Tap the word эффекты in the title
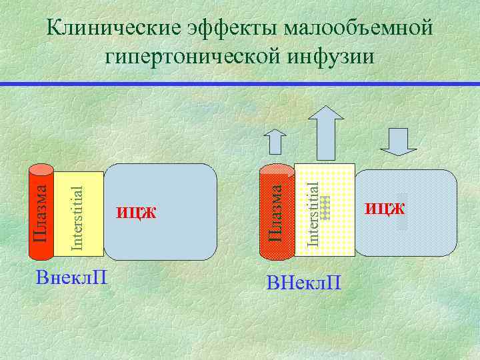231,29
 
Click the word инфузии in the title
331,56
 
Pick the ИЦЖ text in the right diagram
385,209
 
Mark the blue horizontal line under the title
240,83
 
